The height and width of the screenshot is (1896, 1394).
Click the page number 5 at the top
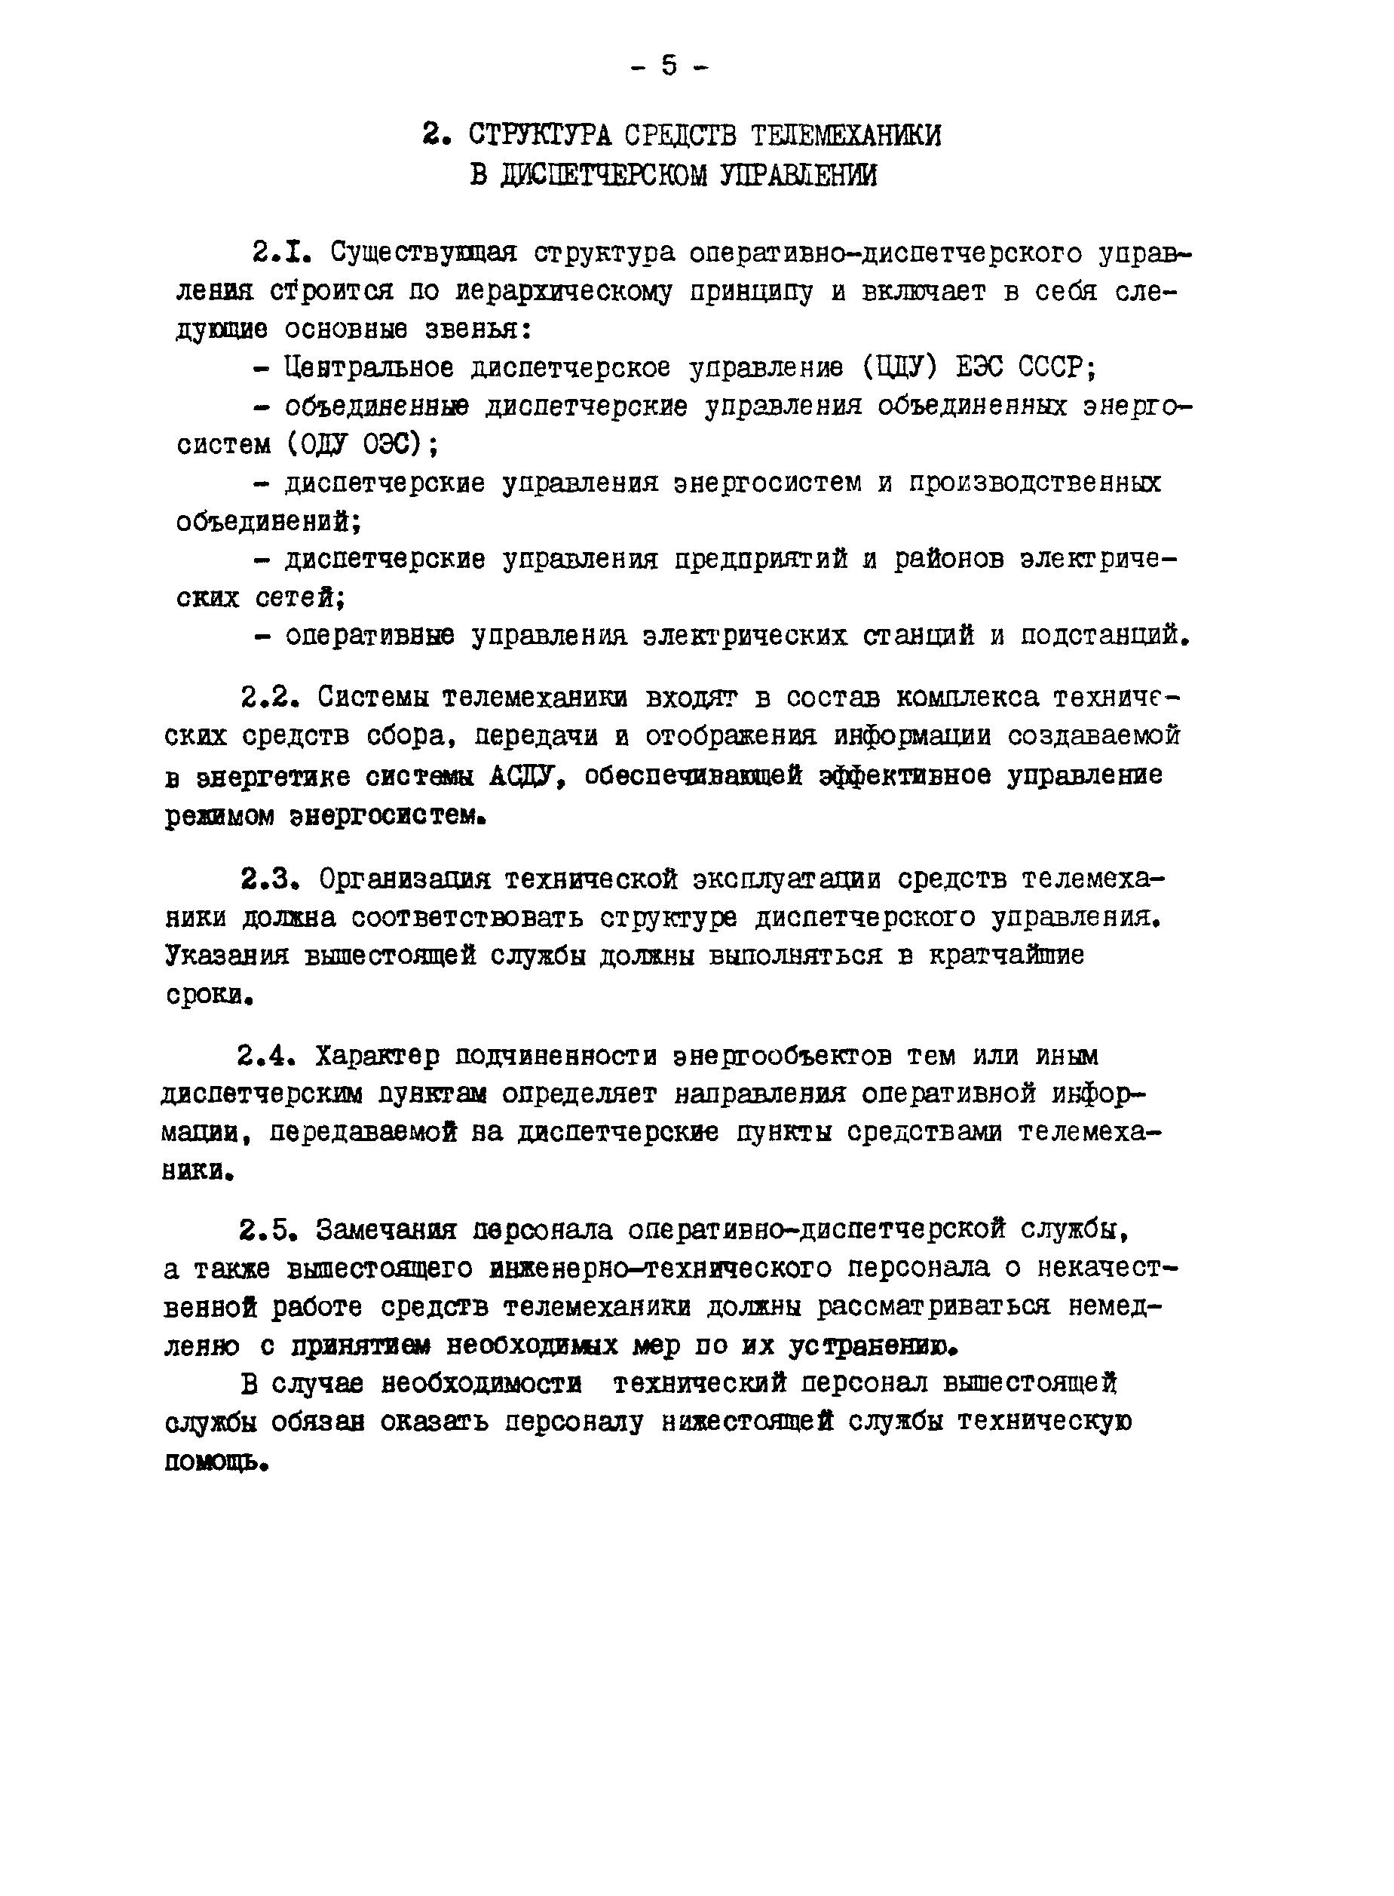click(x=669, y=65)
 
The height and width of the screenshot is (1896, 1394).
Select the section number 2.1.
click(x=277, y=253)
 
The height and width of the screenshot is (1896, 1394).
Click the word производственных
click(x=1034, y=483)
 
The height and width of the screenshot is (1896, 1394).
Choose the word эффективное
click(x=906, y=775)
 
